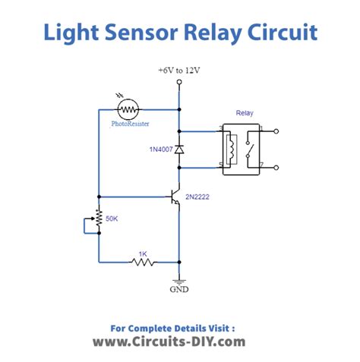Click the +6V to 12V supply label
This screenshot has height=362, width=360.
(179, 70)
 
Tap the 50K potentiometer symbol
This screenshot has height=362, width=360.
(99, 219)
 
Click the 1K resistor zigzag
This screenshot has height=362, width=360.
(142, 262)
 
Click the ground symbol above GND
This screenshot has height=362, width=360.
(179, 279)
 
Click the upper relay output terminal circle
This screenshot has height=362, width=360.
(277, 131)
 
